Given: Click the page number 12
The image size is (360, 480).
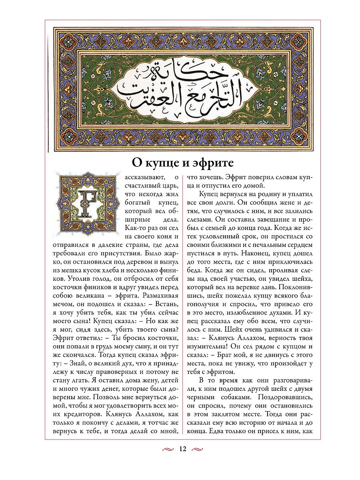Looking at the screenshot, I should (182, 449).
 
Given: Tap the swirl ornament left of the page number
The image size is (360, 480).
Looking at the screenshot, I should (168, 449).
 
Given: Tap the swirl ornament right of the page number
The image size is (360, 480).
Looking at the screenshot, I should (198, 449).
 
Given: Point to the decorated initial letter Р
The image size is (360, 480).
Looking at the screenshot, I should (88, 202).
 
